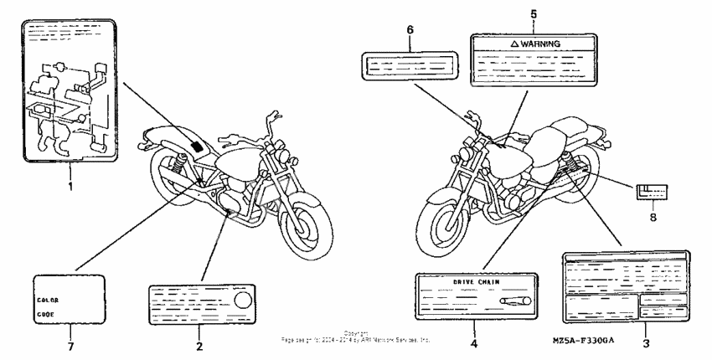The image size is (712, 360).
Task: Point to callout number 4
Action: coord(472,342)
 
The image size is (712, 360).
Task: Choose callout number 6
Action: coord(410,30)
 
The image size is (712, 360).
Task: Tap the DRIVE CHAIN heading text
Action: coord(475,282)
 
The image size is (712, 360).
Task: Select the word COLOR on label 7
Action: coord(47,298)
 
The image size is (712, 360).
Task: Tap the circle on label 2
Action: coord(243,300)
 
